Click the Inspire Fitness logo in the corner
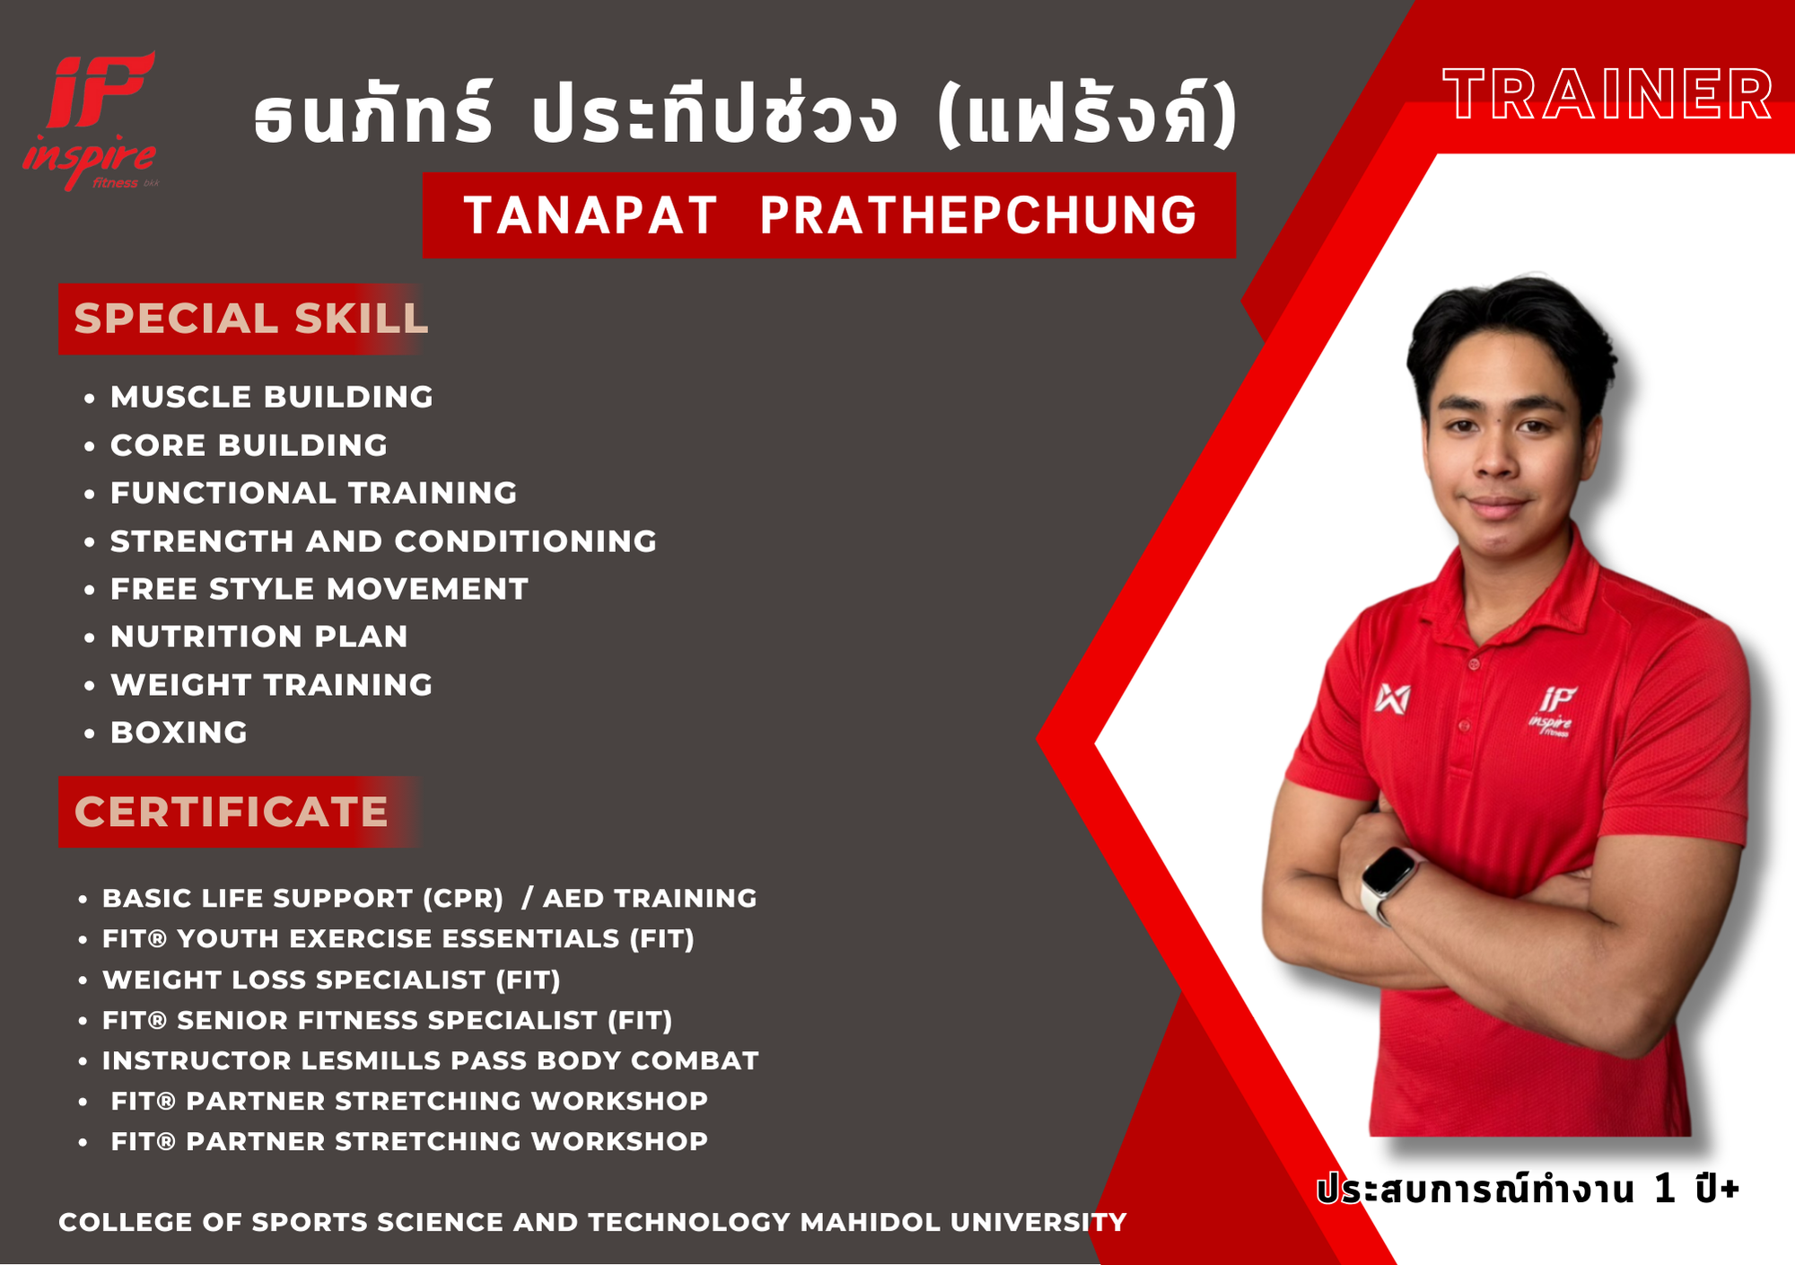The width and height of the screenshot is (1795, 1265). tap(90, 120)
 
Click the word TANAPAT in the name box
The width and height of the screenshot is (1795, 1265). tap(590, 215)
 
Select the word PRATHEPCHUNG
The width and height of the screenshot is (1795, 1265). tap(978, 215)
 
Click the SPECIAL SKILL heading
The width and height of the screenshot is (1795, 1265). tap(251, 319)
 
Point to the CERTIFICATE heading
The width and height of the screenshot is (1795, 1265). tap(231, 812)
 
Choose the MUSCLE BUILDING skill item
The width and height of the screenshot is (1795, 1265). tap(272, 397)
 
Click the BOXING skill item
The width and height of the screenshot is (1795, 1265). tap(179, 733)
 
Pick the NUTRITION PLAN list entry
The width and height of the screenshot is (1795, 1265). tap(259, 637)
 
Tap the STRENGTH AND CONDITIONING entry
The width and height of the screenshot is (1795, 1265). tap(383, 541)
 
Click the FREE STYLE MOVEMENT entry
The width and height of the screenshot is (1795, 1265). tap(320, 589)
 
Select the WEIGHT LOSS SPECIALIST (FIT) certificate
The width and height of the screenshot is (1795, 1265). tap(331, 979)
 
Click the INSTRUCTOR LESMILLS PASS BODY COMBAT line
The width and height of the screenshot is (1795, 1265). tap(431, 1060)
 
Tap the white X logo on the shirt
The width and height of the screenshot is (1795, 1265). tap(1392, 698)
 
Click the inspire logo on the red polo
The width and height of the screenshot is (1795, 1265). tap(1552, 712)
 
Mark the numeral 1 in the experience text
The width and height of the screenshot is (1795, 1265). tap(1665, 1189)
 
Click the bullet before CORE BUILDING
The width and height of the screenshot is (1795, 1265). tap(89, 446)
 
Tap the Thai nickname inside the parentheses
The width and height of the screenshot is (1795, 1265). tap(1087, 115)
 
